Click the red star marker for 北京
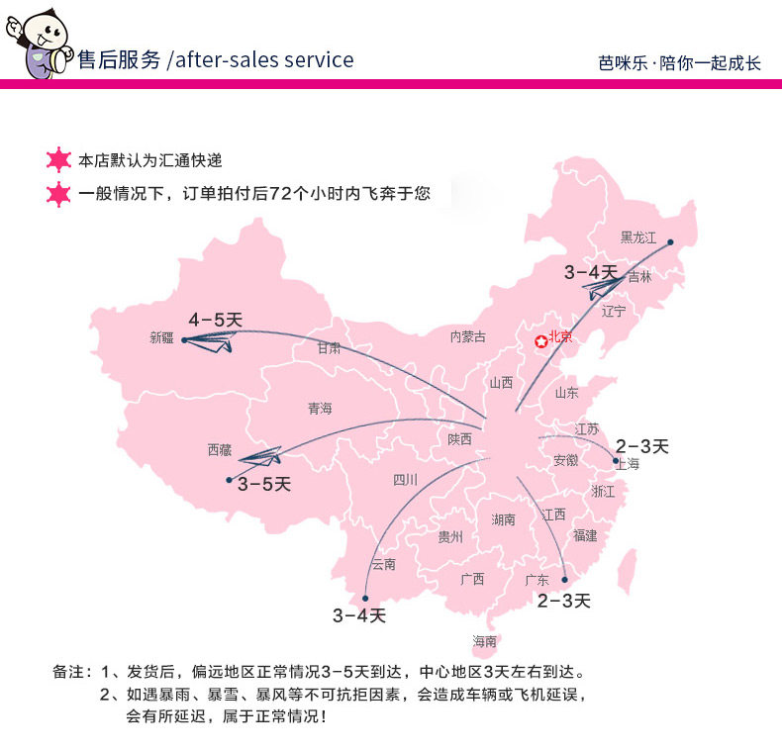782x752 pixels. point(540,341)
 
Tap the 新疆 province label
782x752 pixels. point(161,337)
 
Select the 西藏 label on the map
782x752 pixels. point(219,450)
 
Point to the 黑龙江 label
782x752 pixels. point(638,237)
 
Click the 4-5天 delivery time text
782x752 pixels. point(216,320)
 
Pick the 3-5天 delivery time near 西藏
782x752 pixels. point(264,484)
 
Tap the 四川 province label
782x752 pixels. point(405,480)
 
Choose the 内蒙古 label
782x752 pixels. point(468,336)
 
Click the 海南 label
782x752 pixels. point(485,641)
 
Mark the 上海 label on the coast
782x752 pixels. point(628,463)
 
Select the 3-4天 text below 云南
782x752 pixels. point(358,615)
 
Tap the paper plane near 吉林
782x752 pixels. point(603,288)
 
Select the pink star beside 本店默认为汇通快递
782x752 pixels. point(59,160)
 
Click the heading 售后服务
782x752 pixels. point(119,59)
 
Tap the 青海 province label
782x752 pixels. point(320,409)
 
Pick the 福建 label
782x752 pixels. point(585,535)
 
